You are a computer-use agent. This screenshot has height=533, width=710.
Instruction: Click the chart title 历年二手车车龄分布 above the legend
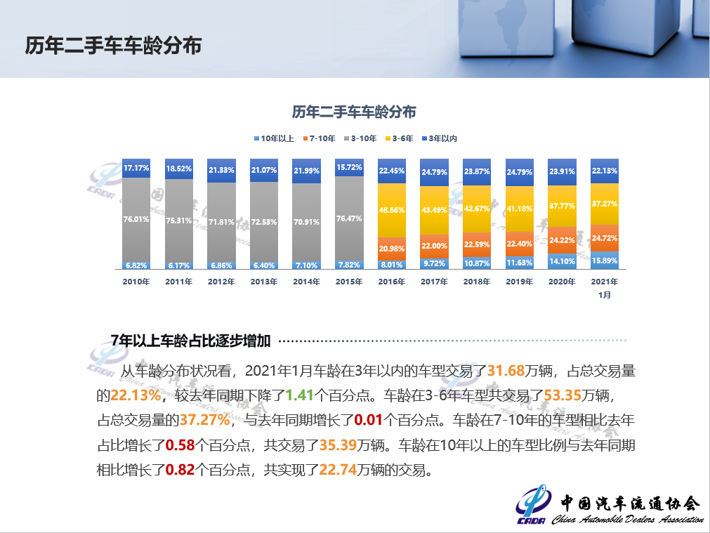tap(354, 112)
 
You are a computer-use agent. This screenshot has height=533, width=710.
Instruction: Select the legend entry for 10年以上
tap(275, 138)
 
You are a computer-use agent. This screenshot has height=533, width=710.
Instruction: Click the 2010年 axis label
tap(136, 282)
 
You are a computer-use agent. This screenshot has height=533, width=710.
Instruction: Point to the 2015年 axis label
tap(349, 282)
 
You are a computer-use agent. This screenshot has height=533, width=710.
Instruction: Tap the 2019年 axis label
tap(520, 282)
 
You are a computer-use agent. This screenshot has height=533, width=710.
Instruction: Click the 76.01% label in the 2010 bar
tap(136, 219)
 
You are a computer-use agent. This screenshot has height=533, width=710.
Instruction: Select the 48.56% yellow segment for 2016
tap(392, 210)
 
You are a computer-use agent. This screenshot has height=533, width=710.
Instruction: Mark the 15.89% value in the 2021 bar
tap(605, 261)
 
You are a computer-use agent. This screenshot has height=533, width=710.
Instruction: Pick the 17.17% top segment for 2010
tap(136, 169)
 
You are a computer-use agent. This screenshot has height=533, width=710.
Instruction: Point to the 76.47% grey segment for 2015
tap(349, 218)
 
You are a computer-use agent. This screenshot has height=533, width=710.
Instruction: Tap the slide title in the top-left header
tap(113, 46)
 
